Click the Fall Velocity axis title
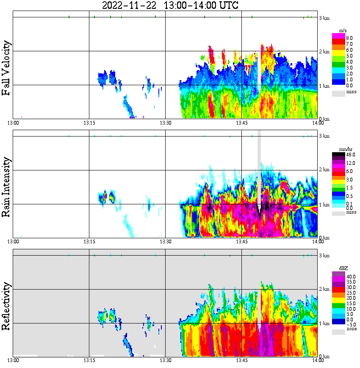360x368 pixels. pyautogui.click(x=7, y=68)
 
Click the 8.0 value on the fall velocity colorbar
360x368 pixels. pyautogui.click(x=350, y=38)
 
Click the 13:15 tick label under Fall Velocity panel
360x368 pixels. pyautogui.click(x=89, y=123)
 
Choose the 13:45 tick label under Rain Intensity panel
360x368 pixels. pyautogui.click(x=241, y=242)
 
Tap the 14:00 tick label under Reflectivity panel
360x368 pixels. pyautogui.click(x=318, y=360)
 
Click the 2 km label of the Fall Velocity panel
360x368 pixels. pyautogui.click(x=324, y=52)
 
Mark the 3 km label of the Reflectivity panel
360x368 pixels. pyautogui.click(x=324, y=256)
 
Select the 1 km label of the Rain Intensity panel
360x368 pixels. pyautogui.click(x=324, y=205)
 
